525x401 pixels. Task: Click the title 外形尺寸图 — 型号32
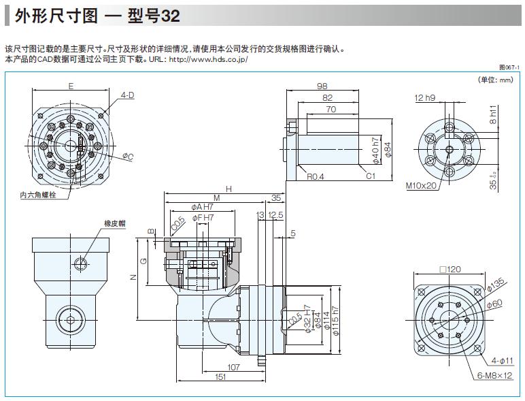(x=97, y=17)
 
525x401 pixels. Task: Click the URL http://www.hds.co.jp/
(x=207, y=59)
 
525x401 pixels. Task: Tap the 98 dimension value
(x=322, y=86)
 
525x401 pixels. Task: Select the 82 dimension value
(x=328, y=98)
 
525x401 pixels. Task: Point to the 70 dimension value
(x=331, y=109)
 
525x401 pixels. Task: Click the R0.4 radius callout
(x=315, y=176)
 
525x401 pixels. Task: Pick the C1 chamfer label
(x=371, y=176)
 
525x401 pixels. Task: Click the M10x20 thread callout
(x=422, y=185)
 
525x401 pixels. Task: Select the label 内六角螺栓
(x=38, y=195)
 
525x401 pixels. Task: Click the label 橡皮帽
(x=115, y=223)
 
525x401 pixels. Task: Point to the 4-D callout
(x=127, y=95)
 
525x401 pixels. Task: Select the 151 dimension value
(x=221, y=376)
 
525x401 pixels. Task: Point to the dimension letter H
(x=229, y=189)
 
